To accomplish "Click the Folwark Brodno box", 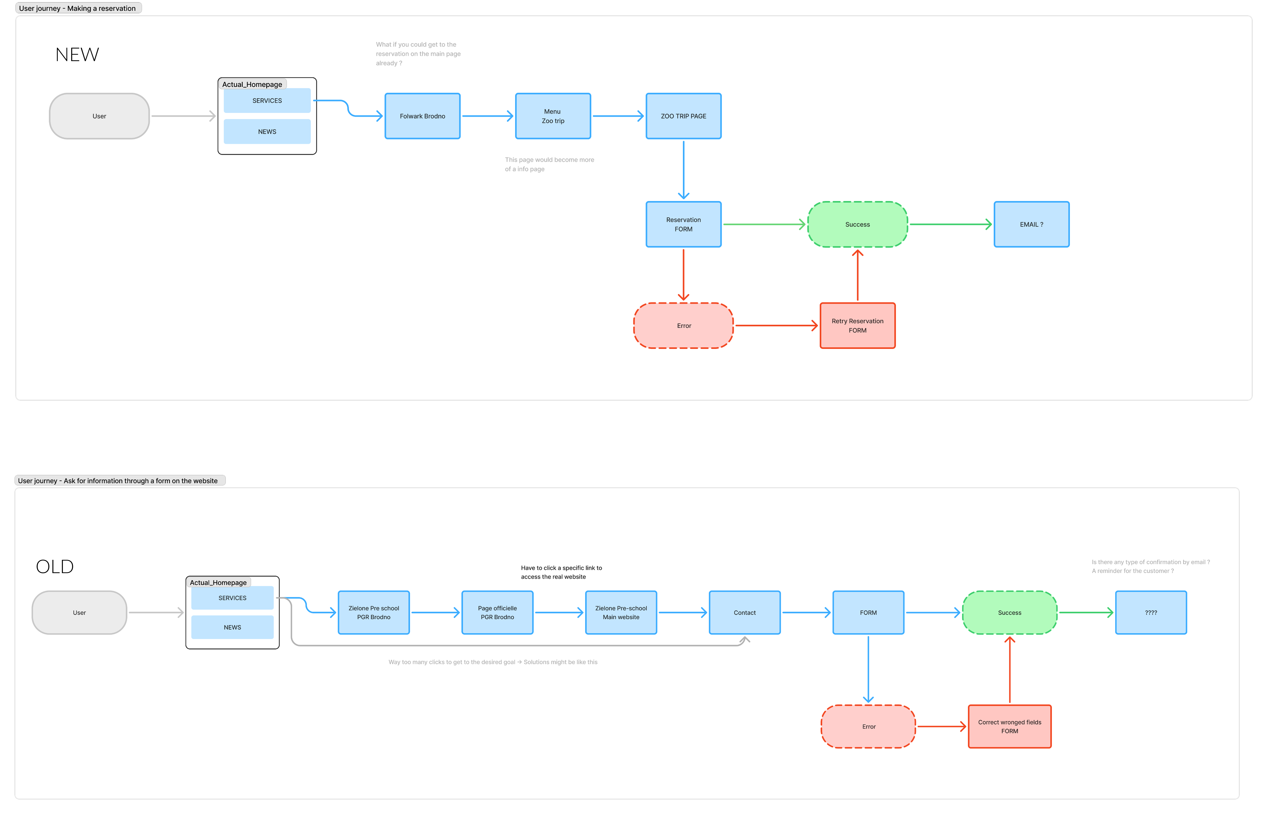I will pyautogui.click(x=422, y=116).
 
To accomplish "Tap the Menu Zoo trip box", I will pyautogui.click(x=553, y=116).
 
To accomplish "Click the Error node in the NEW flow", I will pyautogui.click(x=683, y=326).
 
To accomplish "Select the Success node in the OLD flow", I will pyautogui.click(x=1009, y=613).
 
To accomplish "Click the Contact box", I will pyautogui.click(x=744, y=613).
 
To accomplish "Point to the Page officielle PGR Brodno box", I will pyautogui.click(x=497, y=613).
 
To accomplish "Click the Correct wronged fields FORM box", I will pyautogui.click(x=1009, y=726).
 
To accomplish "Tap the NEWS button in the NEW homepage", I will pyautogui.click(x=267, y=132).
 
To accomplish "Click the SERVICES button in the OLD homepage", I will pyautogui.click(x=232, y=598).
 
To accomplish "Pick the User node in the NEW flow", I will pyautogui.click(x=99, y=116).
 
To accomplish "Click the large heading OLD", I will pyautogui.click(x=54, y=567).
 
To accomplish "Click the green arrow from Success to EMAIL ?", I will pyautogui.click(x=950, y=224).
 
